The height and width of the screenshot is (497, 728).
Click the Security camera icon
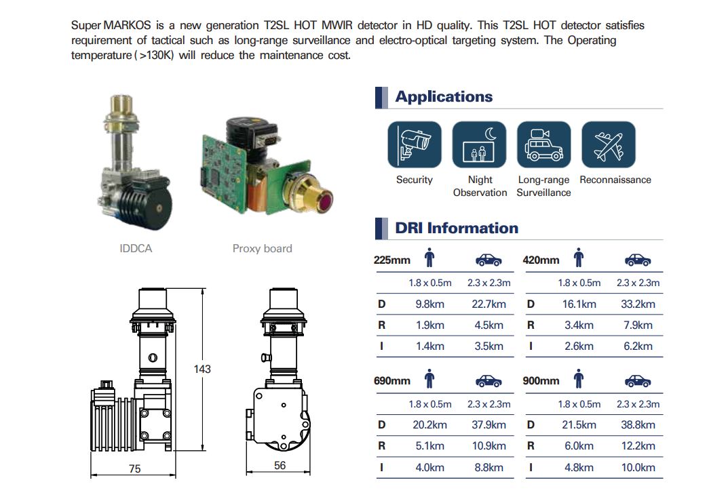tap(414, 144)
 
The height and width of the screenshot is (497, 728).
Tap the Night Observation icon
tap(479, 144)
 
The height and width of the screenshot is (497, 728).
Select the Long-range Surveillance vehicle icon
tap(543, 144)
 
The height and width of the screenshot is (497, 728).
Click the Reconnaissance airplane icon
tap(609, 144)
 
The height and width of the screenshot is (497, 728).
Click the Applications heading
tap(444, 97)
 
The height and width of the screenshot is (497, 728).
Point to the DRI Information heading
tap(456, 228)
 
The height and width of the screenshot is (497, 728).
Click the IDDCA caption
tap(136, 249)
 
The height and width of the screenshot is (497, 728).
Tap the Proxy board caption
tap(262, 249)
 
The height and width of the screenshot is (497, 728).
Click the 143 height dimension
tap(202, 370)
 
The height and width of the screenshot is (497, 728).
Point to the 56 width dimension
tap(280, 466)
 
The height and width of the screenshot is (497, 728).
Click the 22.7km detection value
tap(488, 304)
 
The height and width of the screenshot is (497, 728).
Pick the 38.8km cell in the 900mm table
tap(638, 425)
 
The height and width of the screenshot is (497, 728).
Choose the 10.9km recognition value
tap(488, 446)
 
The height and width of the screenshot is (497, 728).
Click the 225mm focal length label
tap(391, 260)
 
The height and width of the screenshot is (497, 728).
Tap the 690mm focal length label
tap(392, 381)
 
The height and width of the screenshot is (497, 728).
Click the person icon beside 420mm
tap(579, 259)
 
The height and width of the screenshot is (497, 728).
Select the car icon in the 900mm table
tap(638, 380)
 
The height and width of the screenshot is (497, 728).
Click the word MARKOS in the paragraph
tap(126, 26)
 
